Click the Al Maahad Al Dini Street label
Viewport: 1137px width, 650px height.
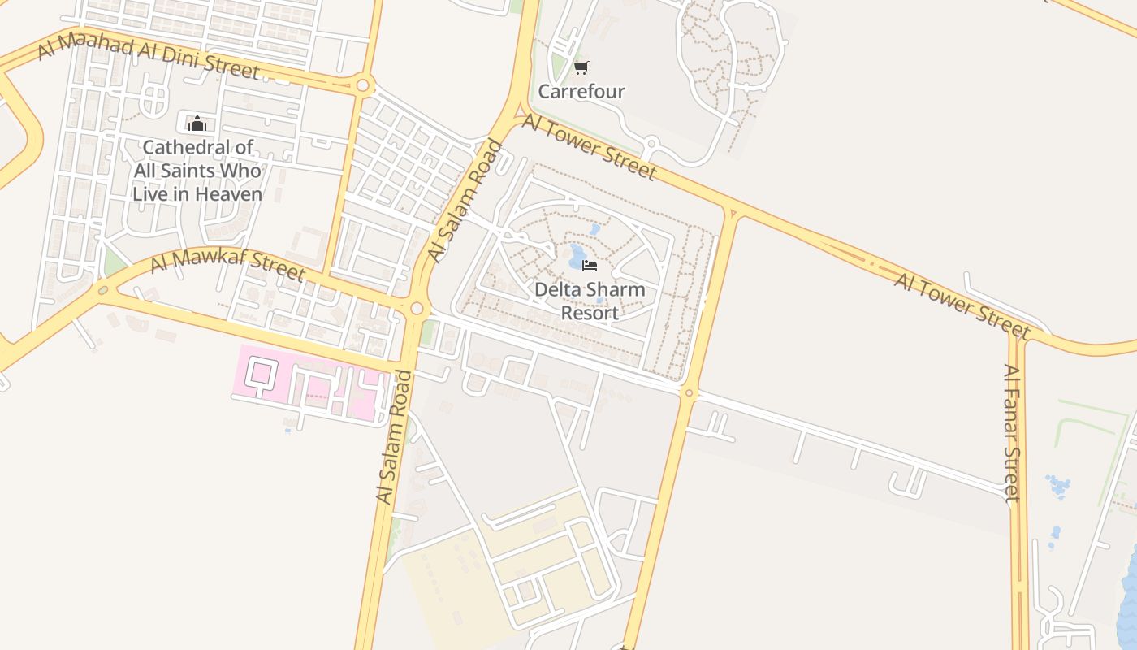tap(149, 58)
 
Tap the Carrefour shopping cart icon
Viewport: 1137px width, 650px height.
tap(581, 67)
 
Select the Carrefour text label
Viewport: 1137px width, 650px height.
tap(581, 92)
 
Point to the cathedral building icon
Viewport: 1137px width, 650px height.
tap(197, 123)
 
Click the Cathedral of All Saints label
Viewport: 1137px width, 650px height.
tap(197, 171)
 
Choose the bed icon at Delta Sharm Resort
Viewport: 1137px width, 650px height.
tap(590, 265)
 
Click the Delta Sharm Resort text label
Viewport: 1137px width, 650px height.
tap(590, 301)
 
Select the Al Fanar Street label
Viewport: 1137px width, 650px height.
tap(1012, 432)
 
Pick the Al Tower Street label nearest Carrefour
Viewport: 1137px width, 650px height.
tap(589, 146)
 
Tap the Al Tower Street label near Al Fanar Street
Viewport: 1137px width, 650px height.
tap(962, 305)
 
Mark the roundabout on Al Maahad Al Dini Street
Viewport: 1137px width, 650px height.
tap(362, 84)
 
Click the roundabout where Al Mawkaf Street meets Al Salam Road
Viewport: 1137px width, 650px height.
tap(417, 309)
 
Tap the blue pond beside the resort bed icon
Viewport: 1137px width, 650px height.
tap(577, 258)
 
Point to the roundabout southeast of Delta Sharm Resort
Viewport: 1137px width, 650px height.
tap(689, 393)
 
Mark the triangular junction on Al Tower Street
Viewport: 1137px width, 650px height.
tap(733, 214)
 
